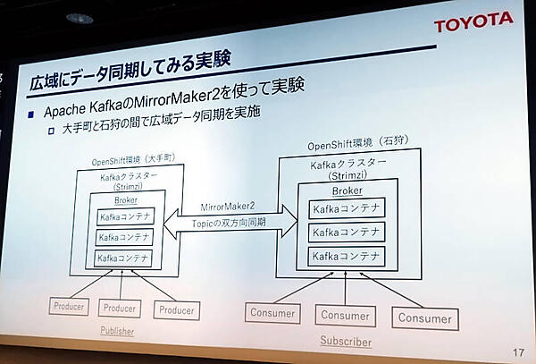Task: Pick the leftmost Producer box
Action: [68, 307]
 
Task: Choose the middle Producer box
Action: [120, 309]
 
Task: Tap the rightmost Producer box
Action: [176, 310]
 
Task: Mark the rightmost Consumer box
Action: [425, 317]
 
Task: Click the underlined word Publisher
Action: [119, 331]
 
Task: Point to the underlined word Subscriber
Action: [346, 341]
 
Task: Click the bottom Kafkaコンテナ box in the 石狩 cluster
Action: [347, 256]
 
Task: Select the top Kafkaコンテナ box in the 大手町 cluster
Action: [125, 217]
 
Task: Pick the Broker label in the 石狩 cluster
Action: [347, 191]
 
